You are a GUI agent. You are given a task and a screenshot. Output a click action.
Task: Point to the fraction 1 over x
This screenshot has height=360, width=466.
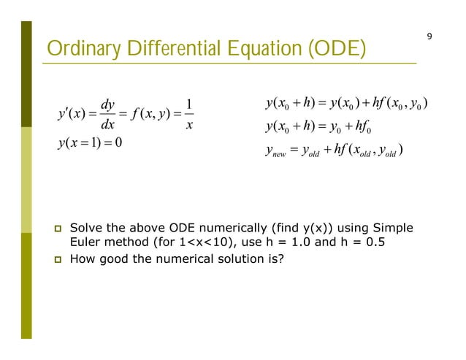pos(188,115)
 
